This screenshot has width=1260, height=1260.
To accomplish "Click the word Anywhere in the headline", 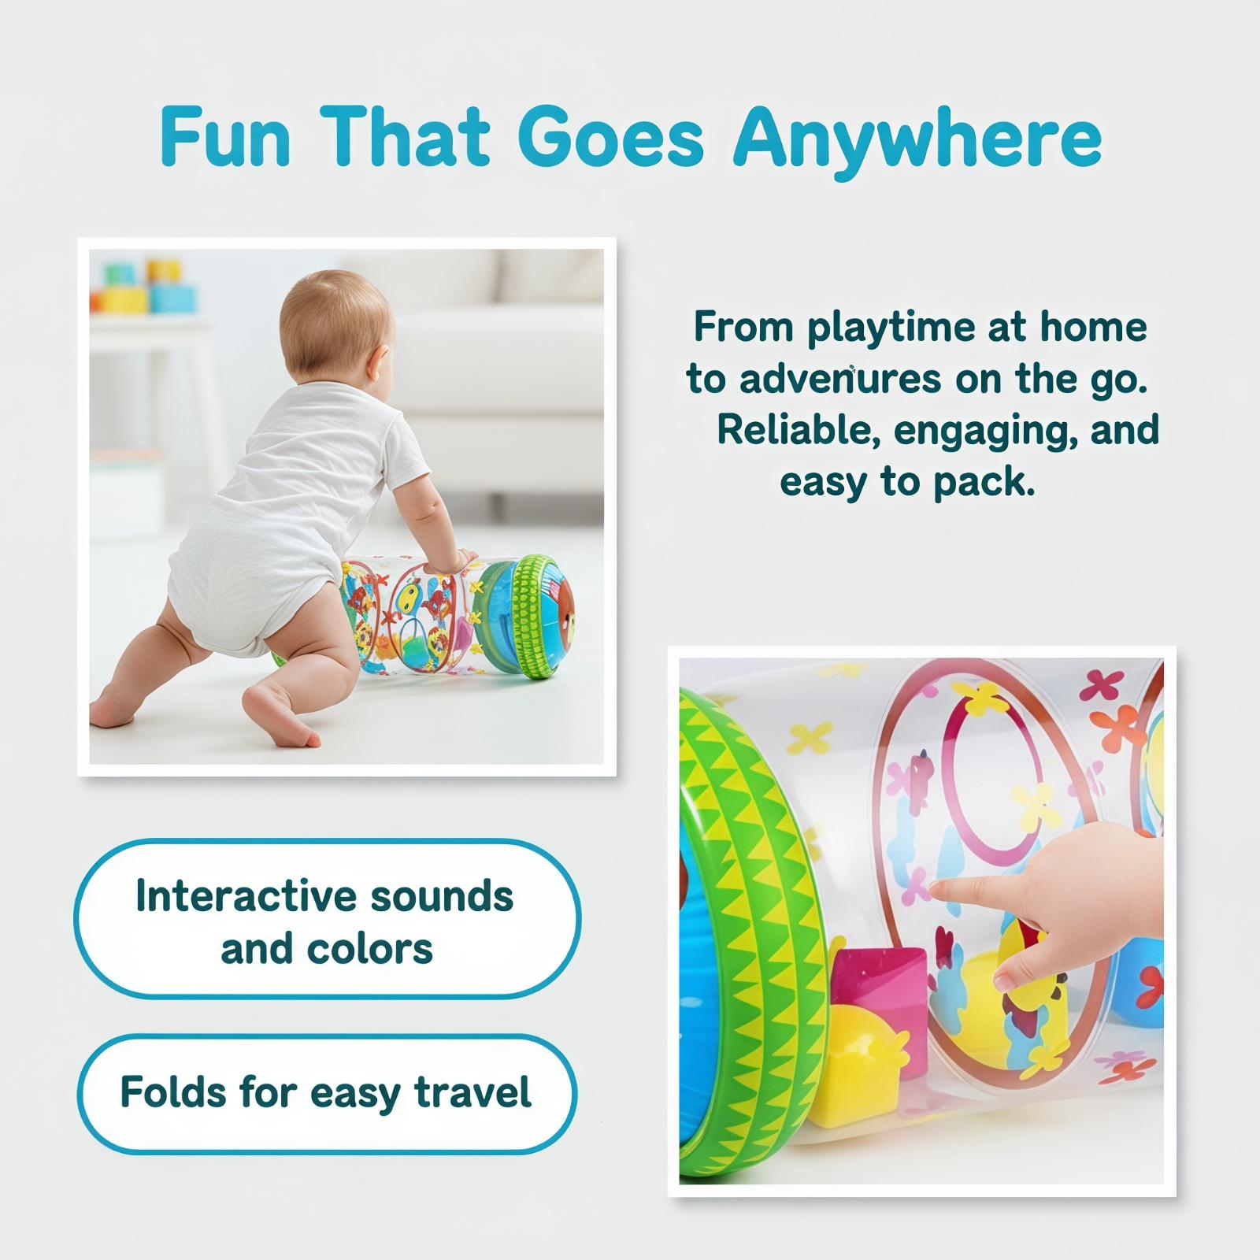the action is pos(917,139).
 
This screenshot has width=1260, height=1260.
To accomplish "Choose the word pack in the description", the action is pos(984,483).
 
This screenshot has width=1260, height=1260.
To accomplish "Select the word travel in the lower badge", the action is pos(473,1092).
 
